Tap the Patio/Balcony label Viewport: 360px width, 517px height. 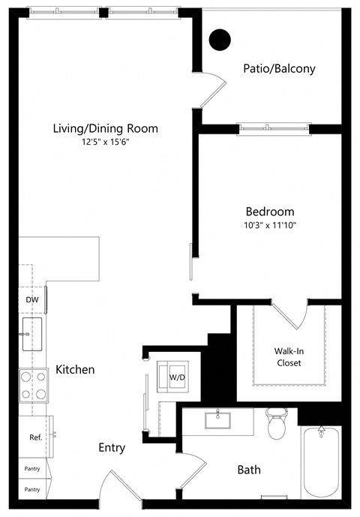pyautogui.click(x=279, y=69)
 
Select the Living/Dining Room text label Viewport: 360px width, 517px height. pyautogui.click(x=105, y=128)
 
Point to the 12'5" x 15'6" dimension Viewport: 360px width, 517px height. pyautogui.click(x=105, y=142)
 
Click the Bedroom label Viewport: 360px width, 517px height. pyautogui.click(x=270, y=212)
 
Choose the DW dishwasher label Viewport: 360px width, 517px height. pyautogui.click(x=31, y=299)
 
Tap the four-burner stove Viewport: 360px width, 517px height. pyautogui.click(x=32, y=385)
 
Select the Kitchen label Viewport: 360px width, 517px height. pyautogui.click(x=75, y=370)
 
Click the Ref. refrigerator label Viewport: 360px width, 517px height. pyautogui.click(x=34, y=437)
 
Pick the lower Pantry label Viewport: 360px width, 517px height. pyautogui.click(x=31, y=489)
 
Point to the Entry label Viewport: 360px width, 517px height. pyautogui.click(x=112, y=448)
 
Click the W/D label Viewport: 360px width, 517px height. pyautogui.click(x=177, y=377)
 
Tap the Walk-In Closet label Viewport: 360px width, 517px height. pyautogui.click(x=289, y=356)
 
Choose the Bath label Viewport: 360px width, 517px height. pyautogui.click(x=249, y=470)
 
